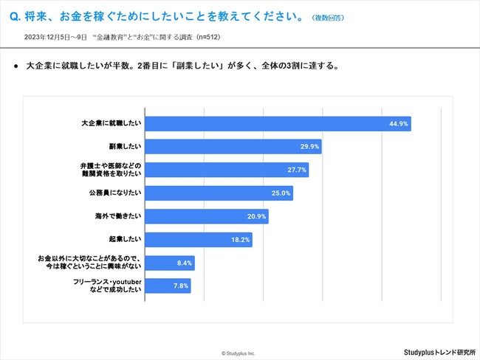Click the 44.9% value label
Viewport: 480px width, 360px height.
(399, 124)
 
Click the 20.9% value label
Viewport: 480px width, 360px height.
(256, 217)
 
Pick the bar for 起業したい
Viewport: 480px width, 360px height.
(199, 240)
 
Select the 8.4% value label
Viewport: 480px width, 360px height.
(185, 263)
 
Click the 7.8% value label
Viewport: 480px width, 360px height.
(181, 285)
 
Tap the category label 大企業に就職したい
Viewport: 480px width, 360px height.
(111, 124)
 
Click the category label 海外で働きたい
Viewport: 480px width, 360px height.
(117, 217)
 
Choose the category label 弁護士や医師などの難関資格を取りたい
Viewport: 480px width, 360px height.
(110, 170)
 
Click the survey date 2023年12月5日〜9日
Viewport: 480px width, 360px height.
(55, 36)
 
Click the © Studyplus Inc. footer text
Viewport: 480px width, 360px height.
(237, 353)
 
